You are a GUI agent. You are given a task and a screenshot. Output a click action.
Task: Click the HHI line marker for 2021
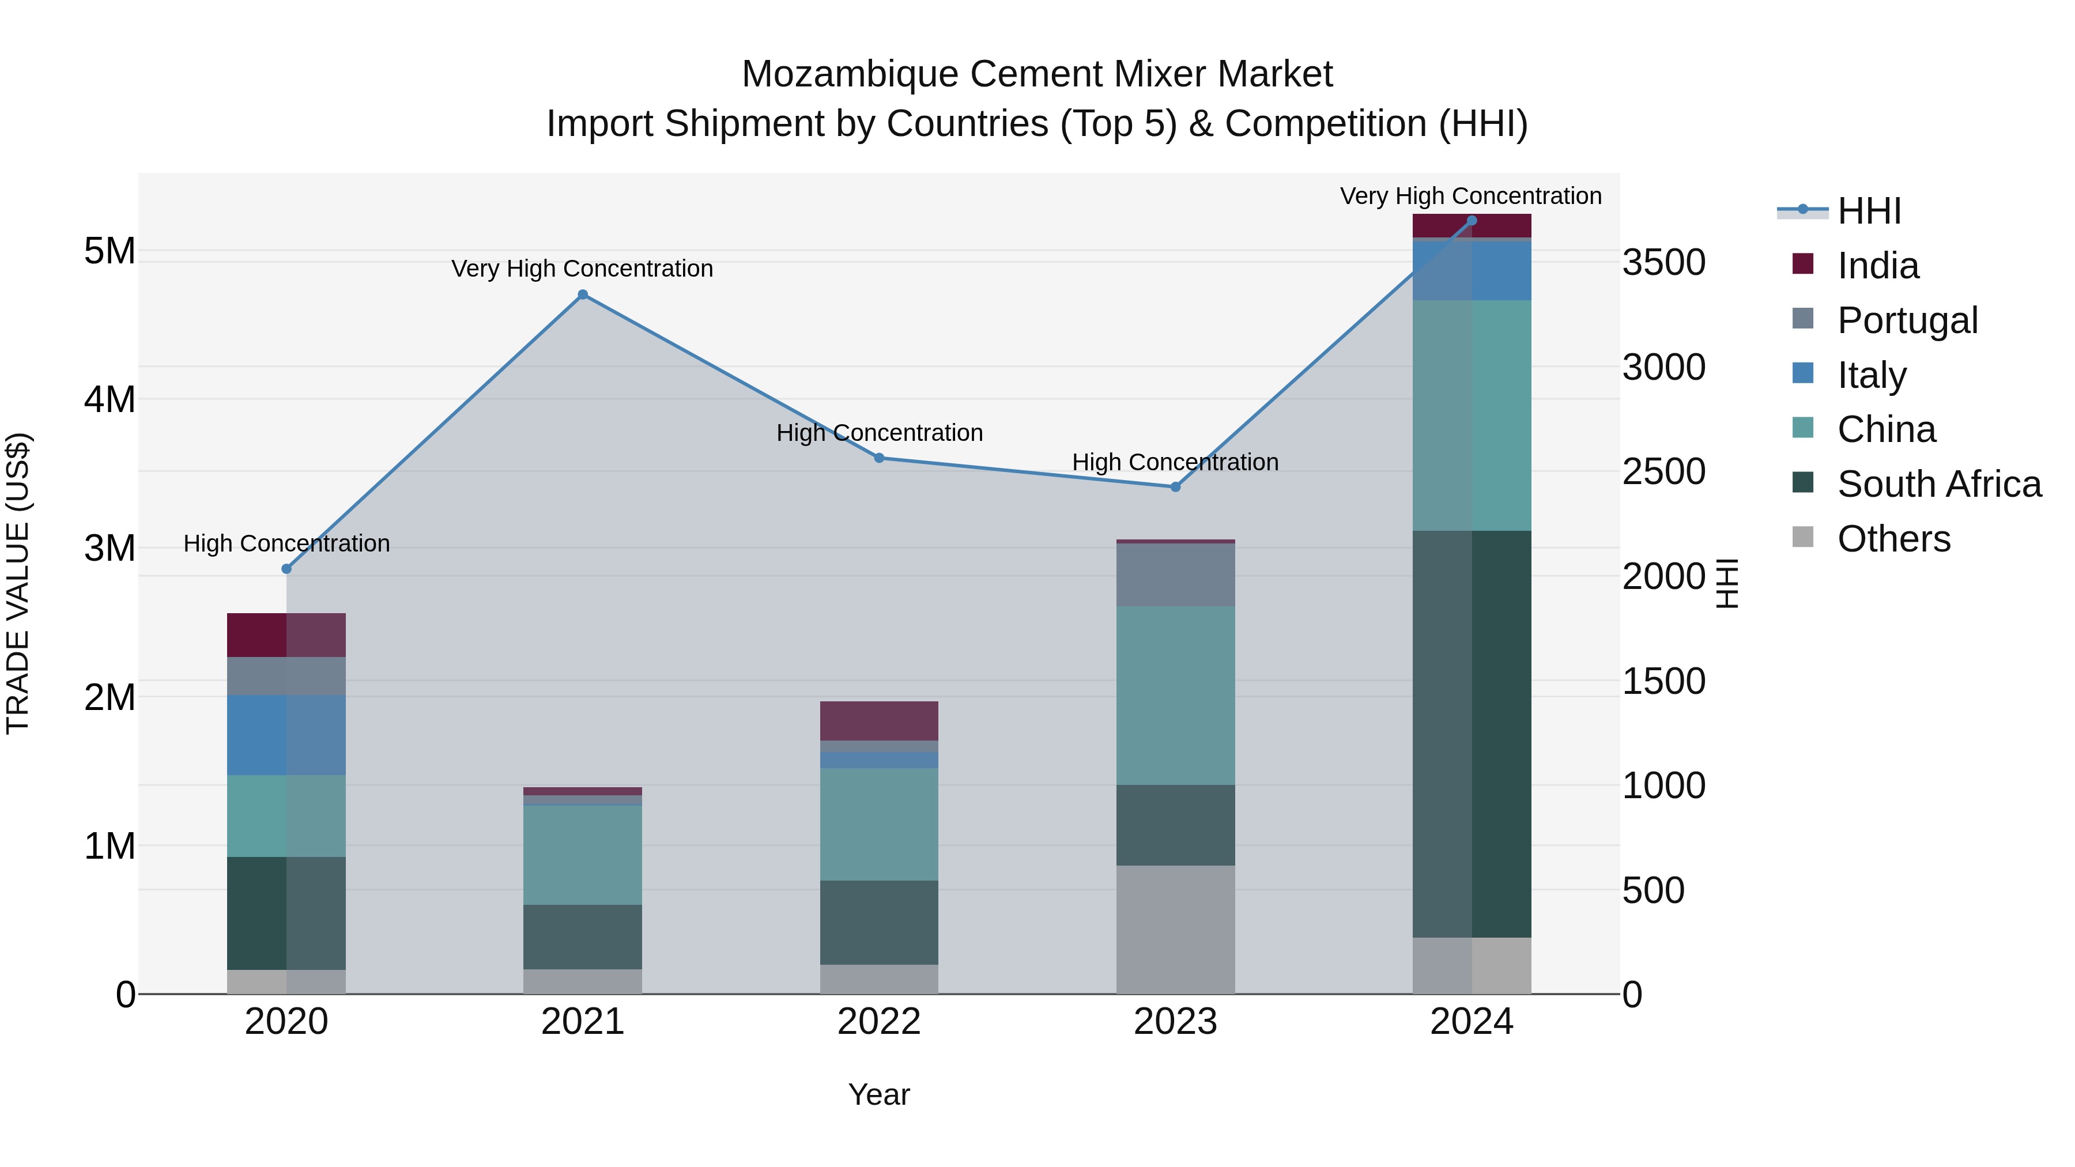582,294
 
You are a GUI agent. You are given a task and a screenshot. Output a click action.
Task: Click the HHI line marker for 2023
1175,486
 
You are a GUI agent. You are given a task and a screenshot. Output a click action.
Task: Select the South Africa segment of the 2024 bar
1472,733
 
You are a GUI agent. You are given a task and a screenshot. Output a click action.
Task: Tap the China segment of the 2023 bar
1175,695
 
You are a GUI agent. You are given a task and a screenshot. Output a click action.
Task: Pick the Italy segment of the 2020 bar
286,735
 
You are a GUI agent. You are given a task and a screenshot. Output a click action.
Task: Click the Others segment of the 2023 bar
1175,930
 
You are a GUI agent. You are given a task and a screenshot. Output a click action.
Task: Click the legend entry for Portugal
1907,320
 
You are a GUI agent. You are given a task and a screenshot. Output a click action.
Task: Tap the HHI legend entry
1869,211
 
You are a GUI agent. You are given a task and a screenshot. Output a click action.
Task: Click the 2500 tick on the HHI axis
1663,471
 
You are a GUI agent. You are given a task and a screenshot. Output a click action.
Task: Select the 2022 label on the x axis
879,1022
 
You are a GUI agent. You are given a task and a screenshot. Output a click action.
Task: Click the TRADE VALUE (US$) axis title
18,583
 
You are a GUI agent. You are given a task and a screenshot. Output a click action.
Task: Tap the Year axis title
879,1094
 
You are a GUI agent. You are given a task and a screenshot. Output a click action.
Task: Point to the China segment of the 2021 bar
582,855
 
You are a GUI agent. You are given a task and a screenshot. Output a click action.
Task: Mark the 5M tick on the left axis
110,251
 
